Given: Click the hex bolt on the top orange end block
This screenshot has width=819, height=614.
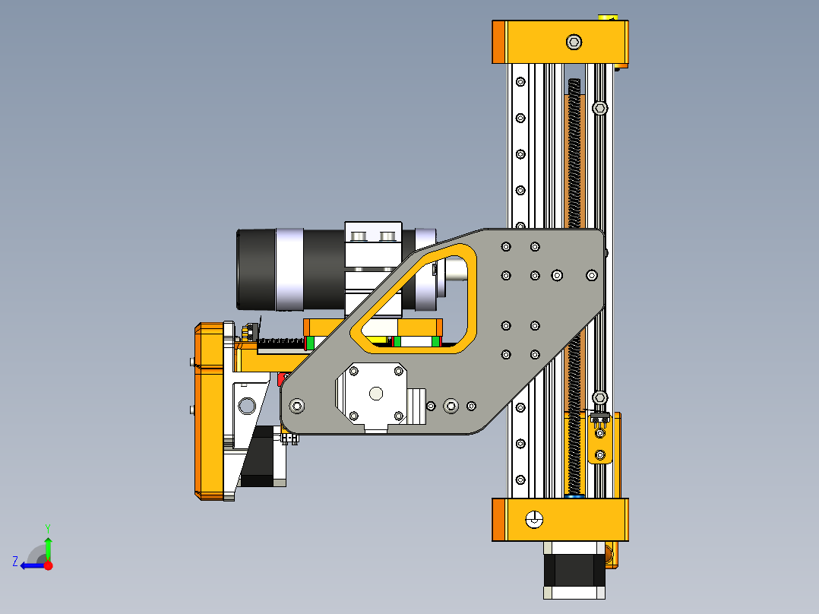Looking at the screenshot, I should tap(574, 41).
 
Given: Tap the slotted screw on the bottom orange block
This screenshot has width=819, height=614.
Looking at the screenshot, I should tap(535, 520).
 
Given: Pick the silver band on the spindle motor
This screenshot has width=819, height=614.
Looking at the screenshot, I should tap(289, 270).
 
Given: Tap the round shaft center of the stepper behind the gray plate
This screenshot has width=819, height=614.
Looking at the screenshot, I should tap(375, 393).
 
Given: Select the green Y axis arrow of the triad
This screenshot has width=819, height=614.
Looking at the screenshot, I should tap(48, 547).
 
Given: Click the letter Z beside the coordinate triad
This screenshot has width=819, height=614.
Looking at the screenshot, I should tap(15, 562).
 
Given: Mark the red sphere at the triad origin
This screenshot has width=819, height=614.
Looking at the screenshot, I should tap(48, 565).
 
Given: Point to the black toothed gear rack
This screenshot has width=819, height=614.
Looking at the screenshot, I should tap(281, 343).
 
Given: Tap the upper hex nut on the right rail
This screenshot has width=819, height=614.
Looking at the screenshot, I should tap(599, 109).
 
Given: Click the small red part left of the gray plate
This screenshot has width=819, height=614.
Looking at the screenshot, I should tap(283, 378).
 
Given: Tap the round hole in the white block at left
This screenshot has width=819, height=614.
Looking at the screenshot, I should tap(247, 405).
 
